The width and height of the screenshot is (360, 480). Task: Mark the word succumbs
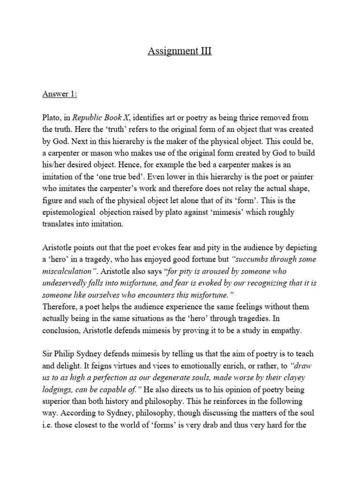point(252,259)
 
